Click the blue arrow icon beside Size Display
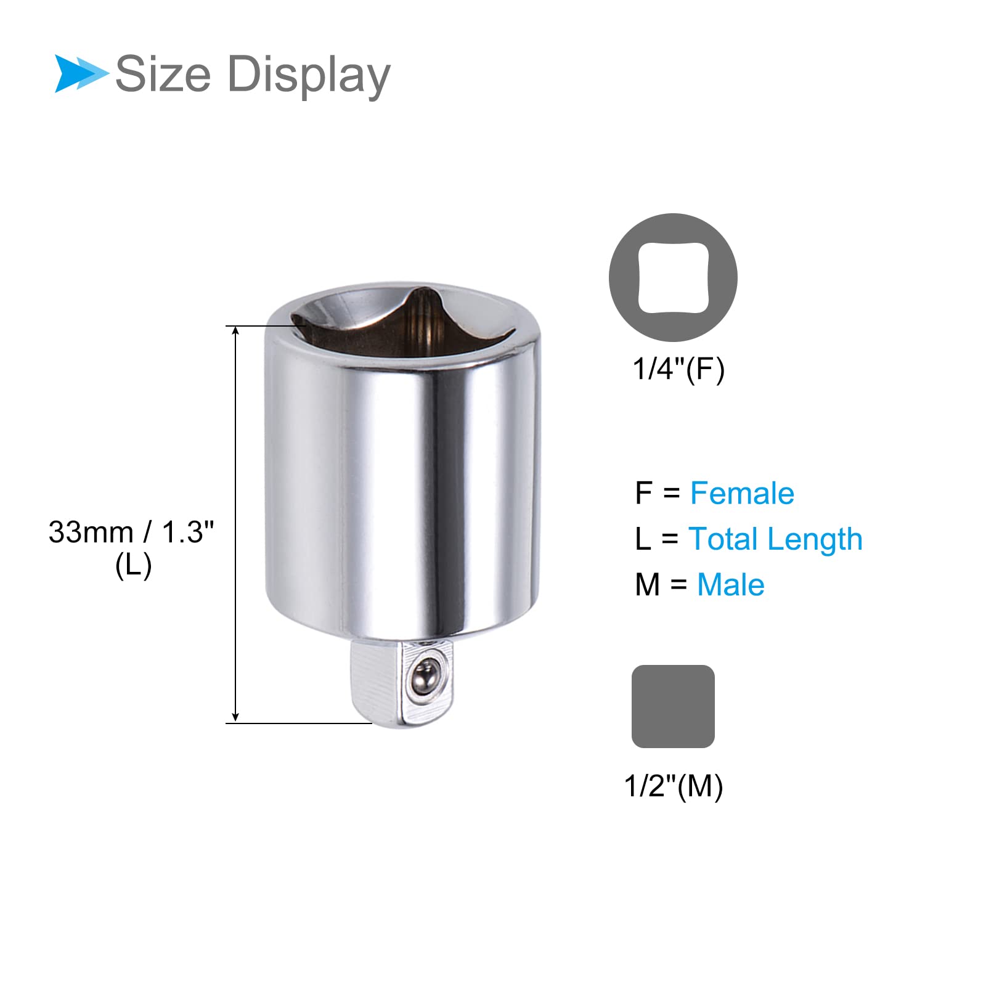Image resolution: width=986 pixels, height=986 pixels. (79, 73)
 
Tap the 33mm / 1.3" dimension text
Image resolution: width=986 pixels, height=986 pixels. (131, 532)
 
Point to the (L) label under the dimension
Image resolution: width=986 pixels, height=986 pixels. (133, 565)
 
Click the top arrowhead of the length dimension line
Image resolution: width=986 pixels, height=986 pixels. (235, 331)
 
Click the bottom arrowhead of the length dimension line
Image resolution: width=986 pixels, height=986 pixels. (235, 717)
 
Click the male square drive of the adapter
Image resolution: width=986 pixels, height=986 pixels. (401, 681)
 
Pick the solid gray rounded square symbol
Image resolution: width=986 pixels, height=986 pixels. (673, 706)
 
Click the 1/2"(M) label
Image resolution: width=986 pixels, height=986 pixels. (674, 786)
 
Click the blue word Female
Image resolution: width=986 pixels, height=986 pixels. (742, 493)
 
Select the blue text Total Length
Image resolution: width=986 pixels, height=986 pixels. (775, 539)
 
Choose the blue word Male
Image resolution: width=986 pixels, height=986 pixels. (730, 584)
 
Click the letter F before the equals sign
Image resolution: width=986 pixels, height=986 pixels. (643, 493)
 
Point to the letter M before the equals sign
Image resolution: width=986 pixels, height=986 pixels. (647, 584)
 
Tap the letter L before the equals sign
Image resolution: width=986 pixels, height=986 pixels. (642, 539)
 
